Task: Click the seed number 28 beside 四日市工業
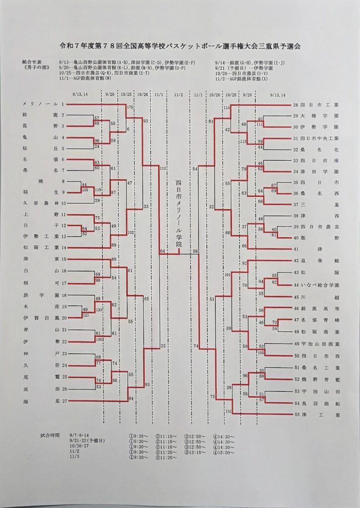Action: click(x=296, y=105)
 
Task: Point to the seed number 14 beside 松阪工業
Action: click(x=63, y=247)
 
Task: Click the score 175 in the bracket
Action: click(x=130, y=107)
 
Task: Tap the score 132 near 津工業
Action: click(x=228, y=411)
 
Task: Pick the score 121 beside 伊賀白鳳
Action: click(x=85, y=316)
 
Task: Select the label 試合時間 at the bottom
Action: click(x=50, y=435)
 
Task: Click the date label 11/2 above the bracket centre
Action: click(x=179, y=94)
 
